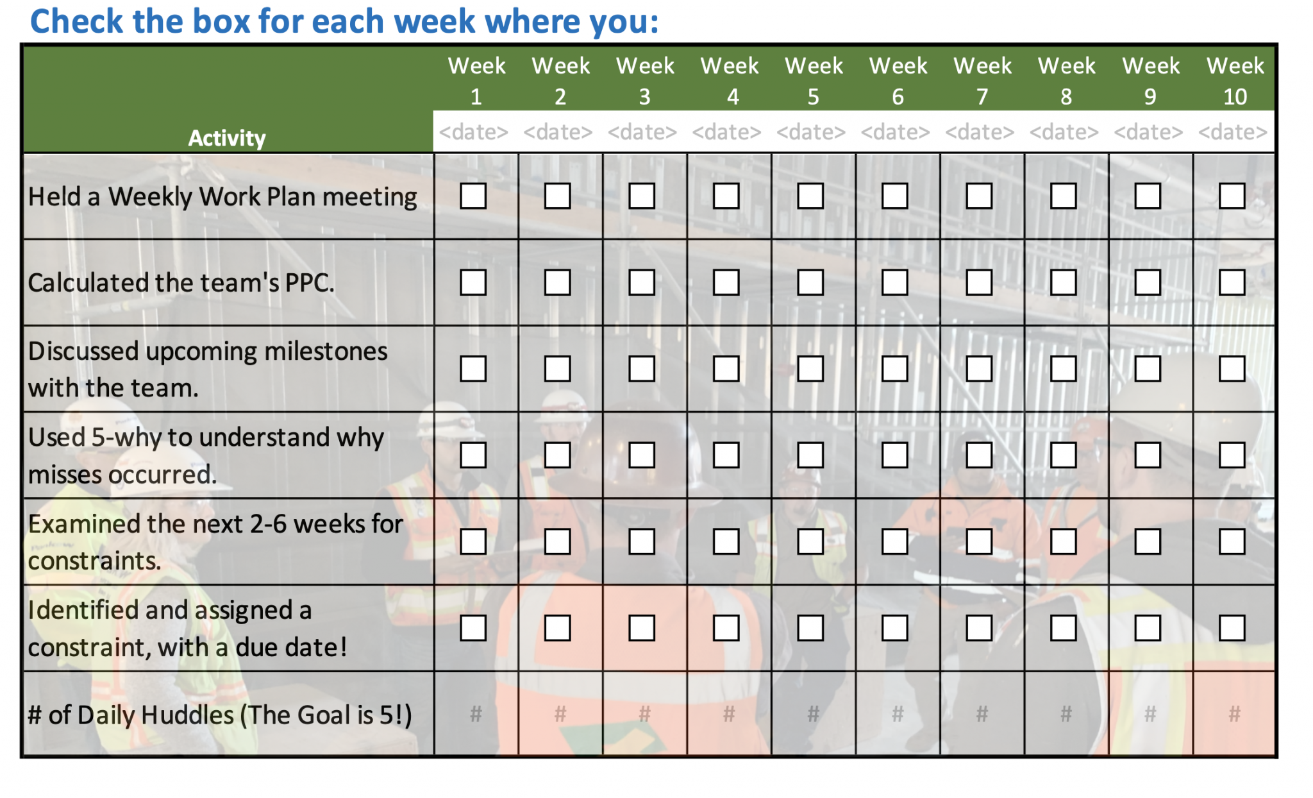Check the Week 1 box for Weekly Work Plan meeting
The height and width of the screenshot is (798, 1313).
(473, 196)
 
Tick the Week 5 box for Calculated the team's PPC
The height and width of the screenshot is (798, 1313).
(810, 282)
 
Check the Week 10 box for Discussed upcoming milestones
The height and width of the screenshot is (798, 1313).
(1232, 369)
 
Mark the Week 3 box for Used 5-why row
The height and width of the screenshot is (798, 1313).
(642, 455)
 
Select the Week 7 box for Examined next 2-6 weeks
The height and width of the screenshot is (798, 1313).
(979, 541)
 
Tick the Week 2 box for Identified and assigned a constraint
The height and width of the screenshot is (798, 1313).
(557, 628)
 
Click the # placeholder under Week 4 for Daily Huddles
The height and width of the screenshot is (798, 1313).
(729, 713)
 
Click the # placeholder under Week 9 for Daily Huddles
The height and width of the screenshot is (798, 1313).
(1150, 713)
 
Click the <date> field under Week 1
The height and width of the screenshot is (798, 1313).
(474, 132)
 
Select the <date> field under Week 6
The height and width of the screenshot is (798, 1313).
(895, 132)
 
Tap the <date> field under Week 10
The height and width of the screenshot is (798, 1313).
(1232, 132)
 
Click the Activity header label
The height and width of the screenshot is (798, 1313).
(227, 138)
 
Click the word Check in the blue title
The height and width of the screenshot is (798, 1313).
(76, 22)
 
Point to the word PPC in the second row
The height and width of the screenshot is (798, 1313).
(308, 283)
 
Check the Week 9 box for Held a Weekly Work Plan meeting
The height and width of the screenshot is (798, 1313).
(1148, 196)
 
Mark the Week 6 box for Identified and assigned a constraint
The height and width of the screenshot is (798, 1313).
(894, 628)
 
